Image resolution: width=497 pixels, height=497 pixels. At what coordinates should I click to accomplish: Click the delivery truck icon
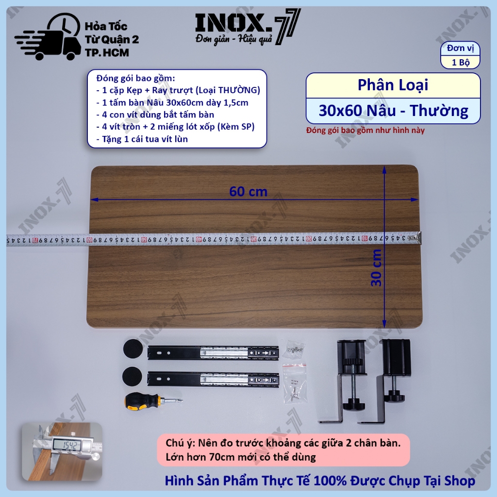[x=48, y=37]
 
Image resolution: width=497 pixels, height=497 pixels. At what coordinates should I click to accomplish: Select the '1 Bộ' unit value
[x=460, y=62]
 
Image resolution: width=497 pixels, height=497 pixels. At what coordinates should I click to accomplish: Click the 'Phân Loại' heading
[x=393, y=85]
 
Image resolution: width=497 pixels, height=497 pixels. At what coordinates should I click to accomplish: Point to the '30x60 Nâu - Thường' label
[x=393, y=111]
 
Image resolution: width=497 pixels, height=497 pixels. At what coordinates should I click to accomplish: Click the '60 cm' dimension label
[x=248, y=191]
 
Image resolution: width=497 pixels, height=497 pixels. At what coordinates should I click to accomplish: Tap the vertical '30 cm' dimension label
[x=376, y=268]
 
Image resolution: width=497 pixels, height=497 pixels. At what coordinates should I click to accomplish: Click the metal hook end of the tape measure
[x=418, y=237]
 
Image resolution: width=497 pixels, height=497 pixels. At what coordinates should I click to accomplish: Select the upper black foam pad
[x=133, y=348]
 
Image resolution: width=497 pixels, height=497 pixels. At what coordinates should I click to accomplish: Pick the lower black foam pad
[x=132, y=376]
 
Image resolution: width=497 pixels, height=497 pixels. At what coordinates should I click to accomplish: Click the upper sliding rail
[x=213, y=353]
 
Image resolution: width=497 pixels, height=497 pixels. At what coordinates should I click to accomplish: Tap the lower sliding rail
[x=213, y=379]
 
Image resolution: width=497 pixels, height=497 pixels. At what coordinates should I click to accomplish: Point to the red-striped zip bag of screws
[x=295, y=383]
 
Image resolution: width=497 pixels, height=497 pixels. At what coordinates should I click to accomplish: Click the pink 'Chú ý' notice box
[x=283, y=450]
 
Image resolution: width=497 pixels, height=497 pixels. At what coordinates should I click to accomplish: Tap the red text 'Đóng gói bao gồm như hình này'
[x=365, y=130]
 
